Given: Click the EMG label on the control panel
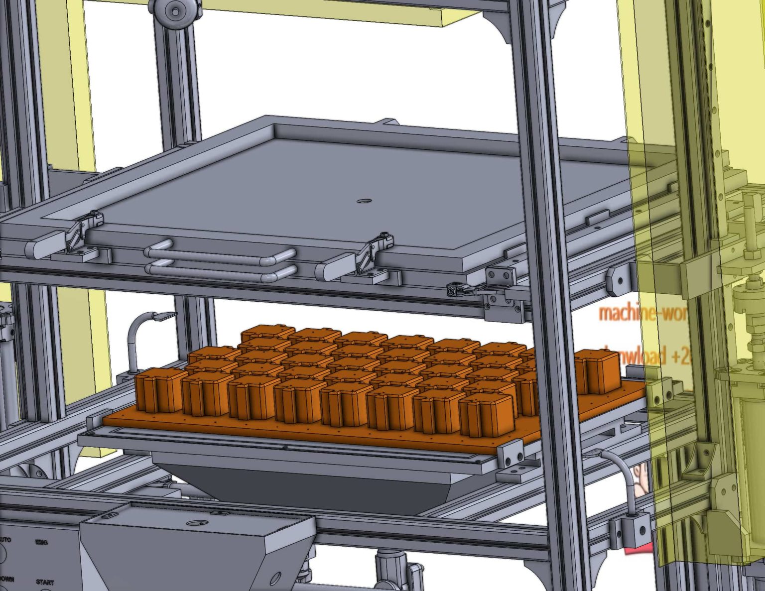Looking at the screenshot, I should point(41,542).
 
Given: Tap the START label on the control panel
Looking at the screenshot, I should point(45,582).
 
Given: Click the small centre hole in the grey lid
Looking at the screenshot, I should point(365,201).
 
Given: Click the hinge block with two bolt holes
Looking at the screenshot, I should point(500,277).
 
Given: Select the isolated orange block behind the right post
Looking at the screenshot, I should point(596,370).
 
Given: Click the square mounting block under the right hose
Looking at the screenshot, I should point(630,531).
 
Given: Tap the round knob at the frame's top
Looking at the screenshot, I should point(172,10).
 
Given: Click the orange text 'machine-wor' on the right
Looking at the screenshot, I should point(642,313).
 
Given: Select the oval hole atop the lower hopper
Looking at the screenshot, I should point(197,523).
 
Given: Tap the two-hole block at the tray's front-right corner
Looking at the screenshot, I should point(511,455).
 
